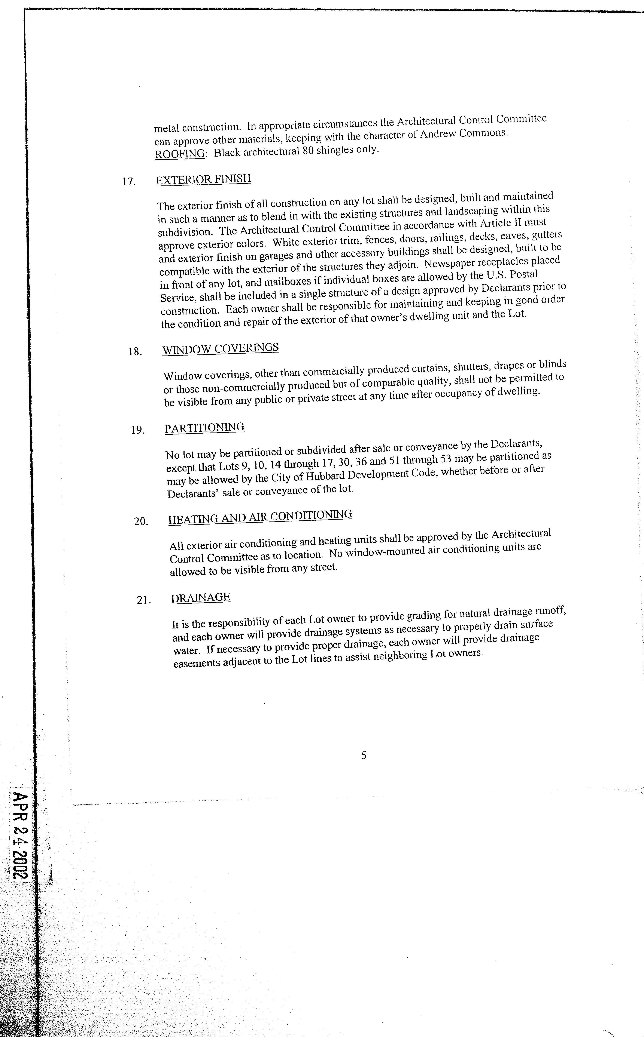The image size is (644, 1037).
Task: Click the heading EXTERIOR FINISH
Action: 203,179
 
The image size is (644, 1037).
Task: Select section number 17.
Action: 129,182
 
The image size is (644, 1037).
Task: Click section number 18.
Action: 135,351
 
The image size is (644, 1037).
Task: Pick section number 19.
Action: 138,430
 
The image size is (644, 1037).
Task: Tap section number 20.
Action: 141,521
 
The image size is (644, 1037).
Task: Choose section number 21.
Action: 143,600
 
